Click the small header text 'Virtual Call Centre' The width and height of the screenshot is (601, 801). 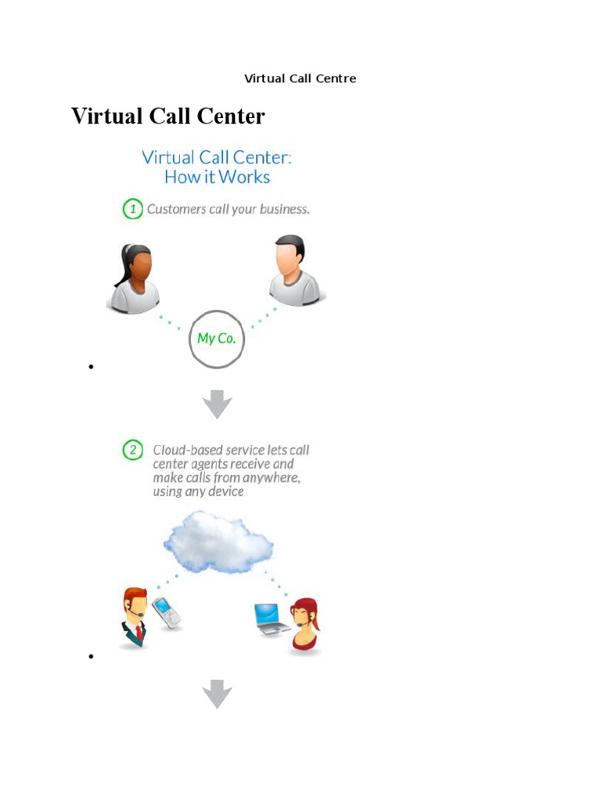[300, 78]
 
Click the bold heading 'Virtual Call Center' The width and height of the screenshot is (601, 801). [168, 117]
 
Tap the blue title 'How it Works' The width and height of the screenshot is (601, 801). [217, 177]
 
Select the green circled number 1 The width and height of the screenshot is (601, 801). [132, 209]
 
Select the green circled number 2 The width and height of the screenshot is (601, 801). [134, 450]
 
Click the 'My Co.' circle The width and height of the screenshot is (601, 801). [218, 339]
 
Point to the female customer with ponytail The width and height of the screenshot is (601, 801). [133, 279]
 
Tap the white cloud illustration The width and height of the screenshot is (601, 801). [218, 541]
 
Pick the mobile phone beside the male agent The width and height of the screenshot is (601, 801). [166, 612]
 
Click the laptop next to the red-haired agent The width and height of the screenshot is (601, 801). [272, 618]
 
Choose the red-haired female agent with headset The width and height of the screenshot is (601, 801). [305, 625]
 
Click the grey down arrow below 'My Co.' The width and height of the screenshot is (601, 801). [218, 404]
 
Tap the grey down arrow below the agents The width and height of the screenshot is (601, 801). [218, 694]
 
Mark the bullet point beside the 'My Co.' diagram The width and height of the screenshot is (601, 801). [92, 367]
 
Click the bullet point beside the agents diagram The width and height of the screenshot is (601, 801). [92, 656]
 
